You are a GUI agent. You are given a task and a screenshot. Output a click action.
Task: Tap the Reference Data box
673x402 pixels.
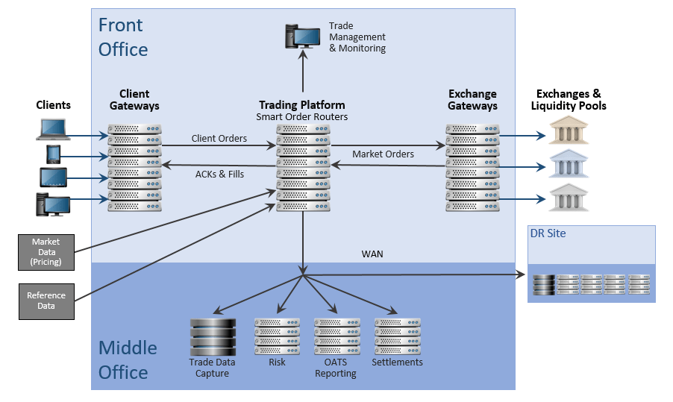tap(46, 301)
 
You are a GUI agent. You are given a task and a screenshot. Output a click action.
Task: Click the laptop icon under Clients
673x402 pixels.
tap(53, 130)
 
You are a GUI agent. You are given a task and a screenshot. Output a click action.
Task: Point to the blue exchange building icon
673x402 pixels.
tap(568, 163)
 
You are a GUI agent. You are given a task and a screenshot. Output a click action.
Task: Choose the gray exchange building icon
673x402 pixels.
tap(568, 197)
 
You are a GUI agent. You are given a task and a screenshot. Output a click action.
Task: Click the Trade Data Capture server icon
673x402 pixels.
tap(212, 336)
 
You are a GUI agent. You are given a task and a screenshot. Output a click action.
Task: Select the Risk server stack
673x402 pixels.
tap(277, 336)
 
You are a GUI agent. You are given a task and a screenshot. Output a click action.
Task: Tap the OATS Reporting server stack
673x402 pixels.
tap(336, 336)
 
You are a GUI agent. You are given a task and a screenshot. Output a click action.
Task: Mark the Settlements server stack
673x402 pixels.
tap(397, 336)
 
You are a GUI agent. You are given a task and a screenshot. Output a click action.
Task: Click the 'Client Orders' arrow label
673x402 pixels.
tap(219, 138)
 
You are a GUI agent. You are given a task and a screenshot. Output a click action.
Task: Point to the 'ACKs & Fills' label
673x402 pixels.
tap(219, 175)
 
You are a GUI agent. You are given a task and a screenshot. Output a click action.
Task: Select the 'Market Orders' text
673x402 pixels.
tap(383, 154)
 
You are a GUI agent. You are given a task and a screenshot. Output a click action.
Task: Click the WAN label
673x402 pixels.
tap(372, 254)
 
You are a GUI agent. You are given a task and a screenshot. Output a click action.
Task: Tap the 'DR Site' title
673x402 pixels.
tap(548, 233)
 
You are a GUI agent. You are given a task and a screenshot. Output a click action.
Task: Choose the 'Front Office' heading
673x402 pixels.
tap(123, 37)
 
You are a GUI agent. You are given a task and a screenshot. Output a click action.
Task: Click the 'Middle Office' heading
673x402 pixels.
tap(128, 359)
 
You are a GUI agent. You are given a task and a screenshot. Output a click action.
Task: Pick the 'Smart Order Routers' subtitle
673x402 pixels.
tap(302, 116)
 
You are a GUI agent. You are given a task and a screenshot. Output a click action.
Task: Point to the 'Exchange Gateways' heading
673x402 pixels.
tap(472, 100)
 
